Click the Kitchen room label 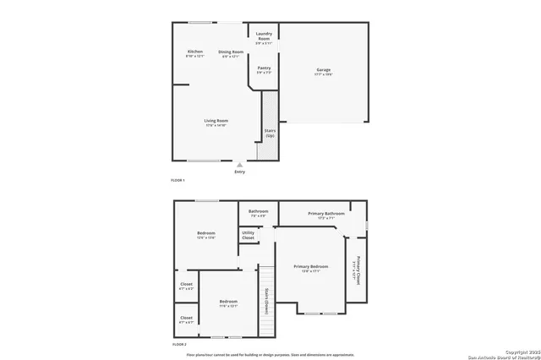click(195, 52)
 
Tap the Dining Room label click(231, 52)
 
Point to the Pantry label click(264, 67)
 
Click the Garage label click(323, 68)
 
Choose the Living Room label click(216, 120)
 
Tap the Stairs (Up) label click(270, 133)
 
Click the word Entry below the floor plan click(240, 172)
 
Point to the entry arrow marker click(240, 165)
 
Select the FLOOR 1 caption click(178, 181)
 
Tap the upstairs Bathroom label click(258, 210)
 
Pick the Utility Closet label click(249, 235)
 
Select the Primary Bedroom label click(311, 266)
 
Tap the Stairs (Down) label click(266, 299)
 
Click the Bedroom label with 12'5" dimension click(206, 232)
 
